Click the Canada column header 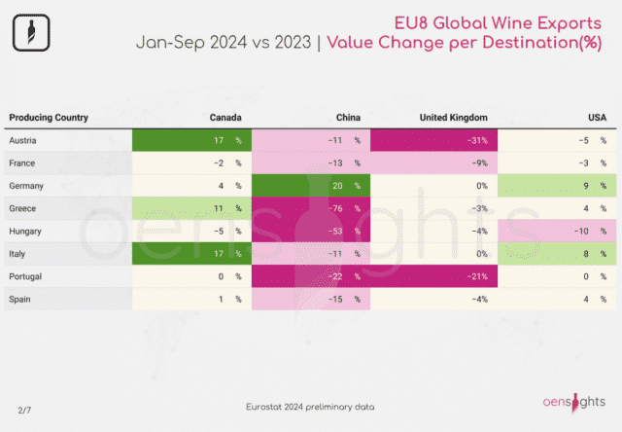coord(225,118)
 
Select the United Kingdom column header coord(454,118)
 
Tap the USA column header coord(597,118)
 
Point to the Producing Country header coord(49,118)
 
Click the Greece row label coord(22,208)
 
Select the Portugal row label coord(25,276)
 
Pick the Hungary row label coord(25,232)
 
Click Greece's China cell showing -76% coord(311,208)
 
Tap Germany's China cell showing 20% coord(311,186)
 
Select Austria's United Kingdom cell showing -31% coord(433,140)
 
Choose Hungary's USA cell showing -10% coord(557,232)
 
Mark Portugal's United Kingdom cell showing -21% coord(433,276)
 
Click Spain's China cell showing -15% coord(311,299)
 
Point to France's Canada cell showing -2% coord(192,163)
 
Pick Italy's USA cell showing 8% coord(557,254)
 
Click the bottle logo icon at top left coord(31,32)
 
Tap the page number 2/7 coord(24,411)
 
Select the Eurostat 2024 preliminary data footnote coord(310,407)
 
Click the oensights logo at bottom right coord(574,403)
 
